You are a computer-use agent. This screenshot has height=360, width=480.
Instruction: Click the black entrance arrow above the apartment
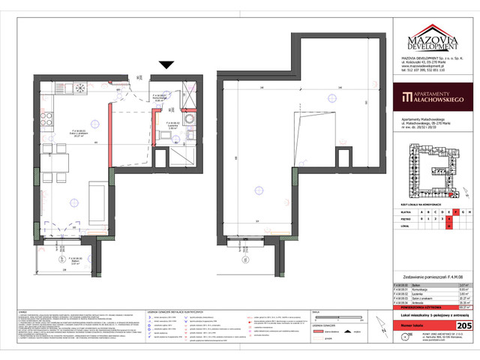[x=166, y=66]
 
